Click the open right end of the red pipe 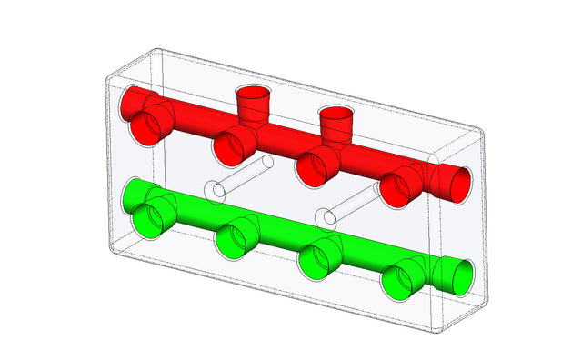coord(455,183)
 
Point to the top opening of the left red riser coord(254,94)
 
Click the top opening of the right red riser coord(336,112)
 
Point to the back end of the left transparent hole coord(266,162)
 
